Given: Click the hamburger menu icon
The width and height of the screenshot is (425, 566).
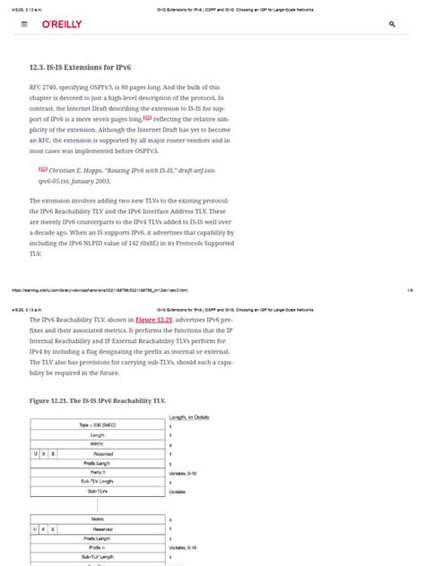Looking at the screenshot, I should [x=24, y=25].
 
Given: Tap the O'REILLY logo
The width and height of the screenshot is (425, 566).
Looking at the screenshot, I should [x=62, y=25].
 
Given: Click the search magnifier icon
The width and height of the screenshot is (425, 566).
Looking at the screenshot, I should [x=392, y=25].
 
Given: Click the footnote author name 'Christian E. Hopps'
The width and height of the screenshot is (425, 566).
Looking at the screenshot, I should [x=78, y=169].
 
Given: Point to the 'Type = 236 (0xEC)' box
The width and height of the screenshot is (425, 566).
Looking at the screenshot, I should [x=96, y=425].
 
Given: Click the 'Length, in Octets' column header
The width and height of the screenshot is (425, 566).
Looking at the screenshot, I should [x=189, y=417].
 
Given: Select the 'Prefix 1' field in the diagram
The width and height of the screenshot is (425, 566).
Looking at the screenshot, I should [x=96, y=472].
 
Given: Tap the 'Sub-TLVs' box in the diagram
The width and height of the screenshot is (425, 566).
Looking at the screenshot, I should [x=96, y=491].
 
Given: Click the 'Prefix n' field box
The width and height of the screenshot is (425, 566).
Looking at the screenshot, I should [x=96, y=547].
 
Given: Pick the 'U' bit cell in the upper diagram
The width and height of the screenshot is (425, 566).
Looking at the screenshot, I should [x=35, y=453].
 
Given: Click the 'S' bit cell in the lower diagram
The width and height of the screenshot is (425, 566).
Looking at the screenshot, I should [x=53, y=528].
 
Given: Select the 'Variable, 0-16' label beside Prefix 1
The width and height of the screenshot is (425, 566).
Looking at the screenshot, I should [x=184, y=472].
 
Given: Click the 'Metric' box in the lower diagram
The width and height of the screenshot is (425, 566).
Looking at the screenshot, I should [x=96, y=519].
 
